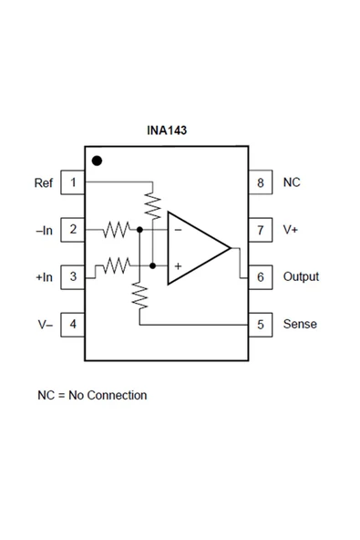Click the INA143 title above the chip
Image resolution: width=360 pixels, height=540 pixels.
167,130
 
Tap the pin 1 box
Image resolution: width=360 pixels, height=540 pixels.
73,182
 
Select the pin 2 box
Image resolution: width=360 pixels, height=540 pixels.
73,230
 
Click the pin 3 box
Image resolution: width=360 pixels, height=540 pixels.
73,276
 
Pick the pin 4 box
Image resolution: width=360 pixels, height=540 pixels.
73,324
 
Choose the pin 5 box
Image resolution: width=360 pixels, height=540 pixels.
261,324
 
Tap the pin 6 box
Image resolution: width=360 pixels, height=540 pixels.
261,276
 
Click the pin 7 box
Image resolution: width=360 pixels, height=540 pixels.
261,230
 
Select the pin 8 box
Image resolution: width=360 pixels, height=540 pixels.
261,182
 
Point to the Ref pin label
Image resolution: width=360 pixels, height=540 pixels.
44,182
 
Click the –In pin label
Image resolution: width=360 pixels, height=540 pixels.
44,230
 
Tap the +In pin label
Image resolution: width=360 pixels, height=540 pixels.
44,276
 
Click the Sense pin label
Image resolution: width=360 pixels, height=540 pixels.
299,324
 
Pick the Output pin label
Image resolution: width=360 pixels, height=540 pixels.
301,276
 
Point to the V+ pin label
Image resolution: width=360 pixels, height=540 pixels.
290,230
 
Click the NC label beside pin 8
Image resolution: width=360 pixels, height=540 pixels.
291,182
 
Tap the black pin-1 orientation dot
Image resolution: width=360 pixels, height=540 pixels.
97,161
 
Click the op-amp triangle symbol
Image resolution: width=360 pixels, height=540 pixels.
194,248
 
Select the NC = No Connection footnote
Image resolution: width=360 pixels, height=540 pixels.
92,395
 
